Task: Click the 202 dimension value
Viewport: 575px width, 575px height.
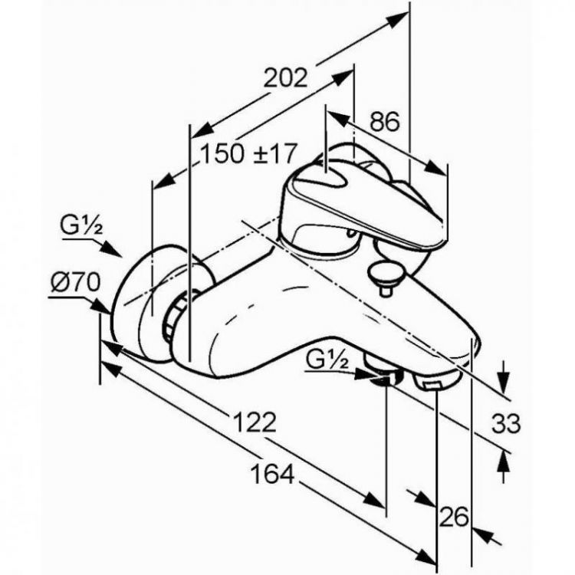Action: pyautogui.click(x=285, y=78)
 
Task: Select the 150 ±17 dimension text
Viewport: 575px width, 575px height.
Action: pyautogui.click(x=248, y=153)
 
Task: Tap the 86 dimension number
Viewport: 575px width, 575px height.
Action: pyautogui.click(x=384, y=122)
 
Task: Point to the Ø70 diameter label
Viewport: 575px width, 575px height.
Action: pyautogui.click(x=75, y=283)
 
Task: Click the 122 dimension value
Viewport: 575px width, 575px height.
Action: pyautogui.click(x=255, y=422)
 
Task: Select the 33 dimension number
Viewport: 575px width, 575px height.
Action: pyautogui.click(x=506, y=423)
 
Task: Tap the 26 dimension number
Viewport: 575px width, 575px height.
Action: pyautogui.click(x=455, y=516)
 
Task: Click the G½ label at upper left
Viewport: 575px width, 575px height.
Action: pyautogui.click(x=81, y=227)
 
